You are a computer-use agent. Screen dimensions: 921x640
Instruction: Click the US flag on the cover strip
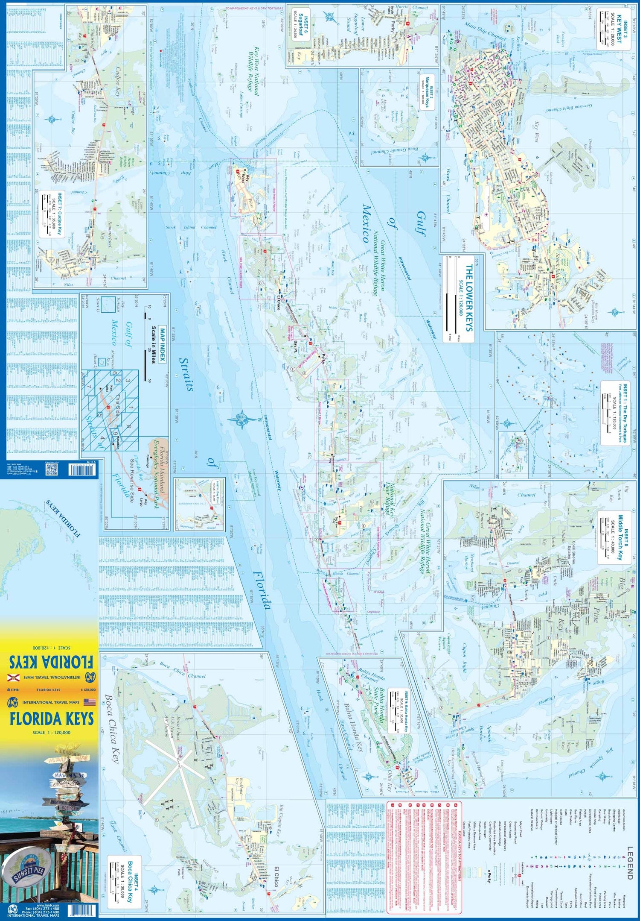click(x=89, y=702)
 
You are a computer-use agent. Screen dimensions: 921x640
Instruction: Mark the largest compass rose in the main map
click(x=241, y=418)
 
